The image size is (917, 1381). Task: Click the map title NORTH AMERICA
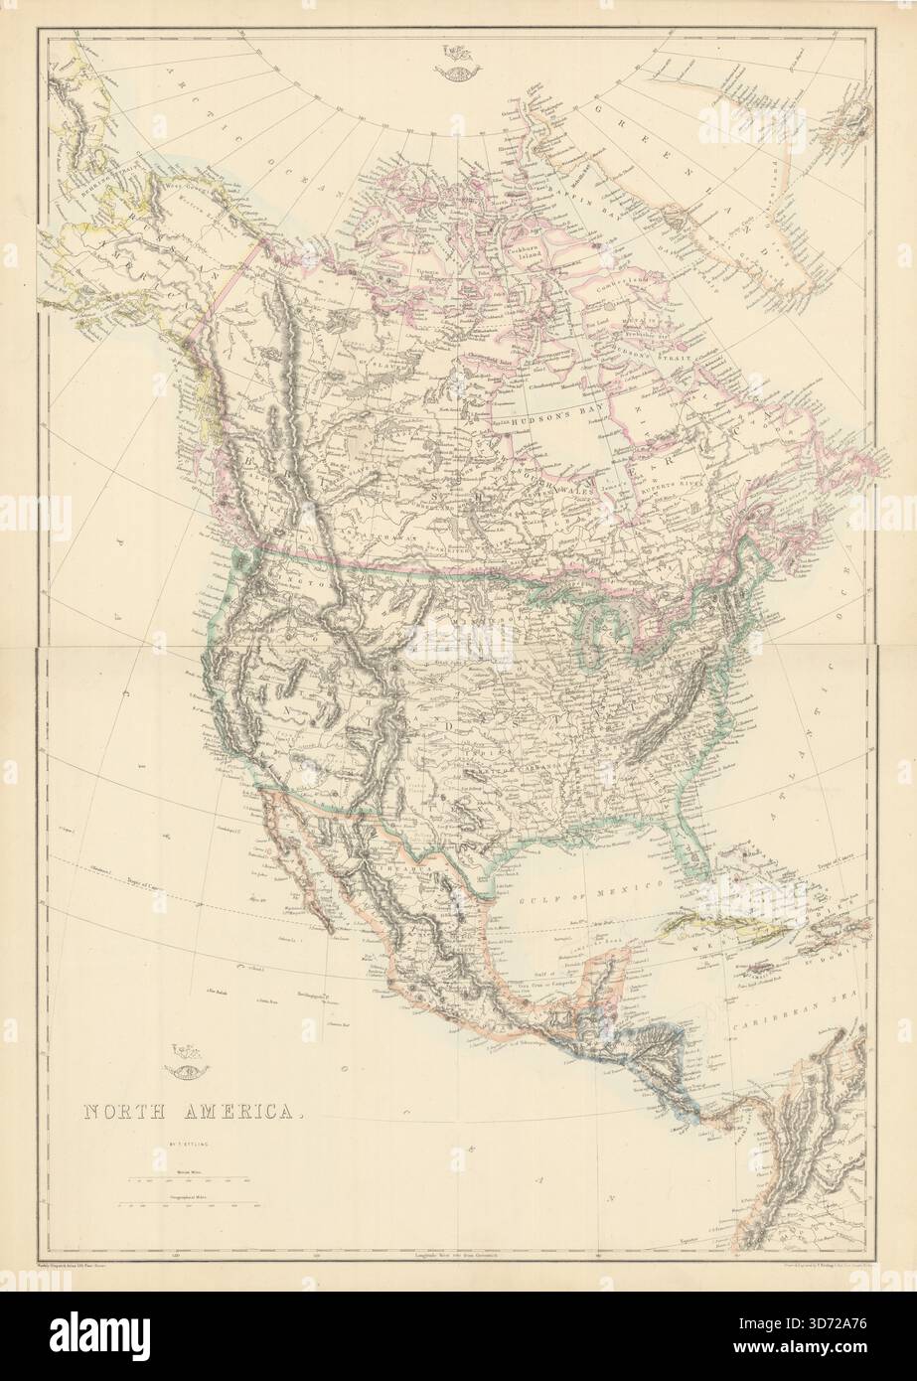click(x=190, y=1112)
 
